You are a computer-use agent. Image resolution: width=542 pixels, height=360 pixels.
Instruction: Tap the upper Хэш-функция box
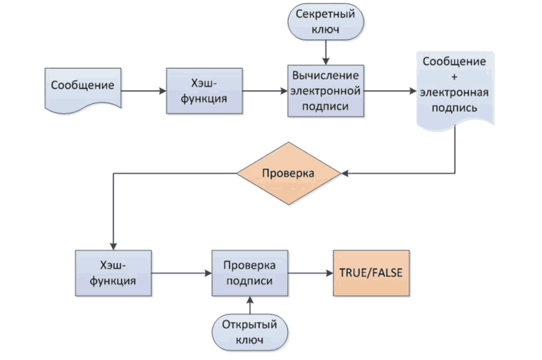pyautogui.click(x=204, y=91)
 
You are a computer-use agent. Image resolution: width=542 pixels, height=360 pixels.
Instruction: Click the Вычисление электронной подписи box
pyautogui.click(x=326, y=91)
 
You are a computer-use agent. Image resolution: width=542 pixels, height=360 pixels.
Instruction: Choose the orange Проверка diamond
pyautogui.click(x=288, y=174)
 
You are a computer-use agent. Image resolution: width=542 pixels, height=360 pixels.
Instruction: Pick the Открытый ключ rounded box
pyautogui.click(x=250, y=332)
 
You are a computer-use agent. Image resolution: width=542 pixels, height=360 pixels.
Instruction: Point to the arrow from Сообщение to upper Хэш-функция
pyautogui.click(x=143, y=91)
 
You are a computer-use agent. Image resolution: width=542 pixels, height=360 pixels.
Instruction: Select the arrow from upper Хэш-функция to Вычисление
pyautogui.click(x=265, y=91)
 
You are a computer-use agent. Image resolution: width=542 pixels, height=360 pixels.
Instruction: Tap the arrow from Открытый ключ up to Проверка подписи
pyautogui.click(x=250, y=305)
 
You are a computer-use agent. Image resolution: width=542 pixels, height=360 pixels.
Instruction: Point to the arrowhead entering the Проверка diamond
pyautogui.click(x=344, y=174)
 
